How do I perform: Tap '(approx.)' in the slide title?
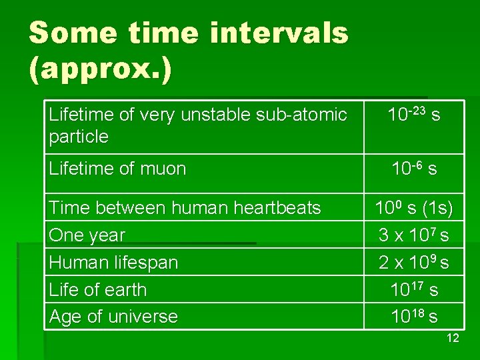point(100,69)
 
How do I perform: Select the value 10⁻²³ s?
point(414,115)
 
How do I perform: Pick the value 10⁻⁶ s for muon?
point(414,169)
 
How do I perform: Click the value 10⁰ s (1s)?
point(414,209)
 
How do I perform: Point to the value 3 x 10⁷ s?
point(414,235)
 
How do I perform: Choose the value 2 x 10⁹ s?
point(414,263)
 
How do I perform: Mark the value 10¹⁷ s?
point(414,290)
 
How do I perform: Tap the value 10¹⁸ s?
point(414,317)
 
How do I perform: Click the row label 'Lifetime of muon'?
point(117,169)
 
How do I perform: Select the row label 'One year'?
point(87,235)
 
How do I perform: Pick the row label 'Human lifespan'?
point(113,263)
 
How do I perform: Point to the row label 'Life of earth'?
point(97,290)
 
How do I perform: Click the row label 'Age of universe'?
point(113,317)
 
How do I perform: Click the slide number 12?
point(452,339)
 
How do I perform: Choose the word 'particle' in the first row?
point(79,137)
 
